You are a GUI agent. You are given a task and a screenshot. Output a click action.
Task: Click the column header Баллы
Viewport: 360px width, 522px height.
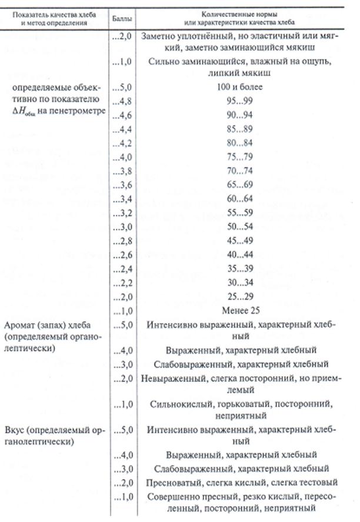click(121, 19)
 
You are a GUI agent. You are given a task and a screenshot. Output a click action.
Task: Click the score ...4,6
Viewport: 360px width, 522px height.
click(120, 115)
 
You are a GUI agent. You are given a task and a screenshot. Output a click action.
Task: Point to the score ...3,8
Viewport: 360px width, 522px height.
click(120, 170)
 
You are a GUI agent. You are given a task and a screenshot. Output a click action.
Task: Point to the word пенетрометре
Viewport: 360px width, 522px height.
click(77, 110)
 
